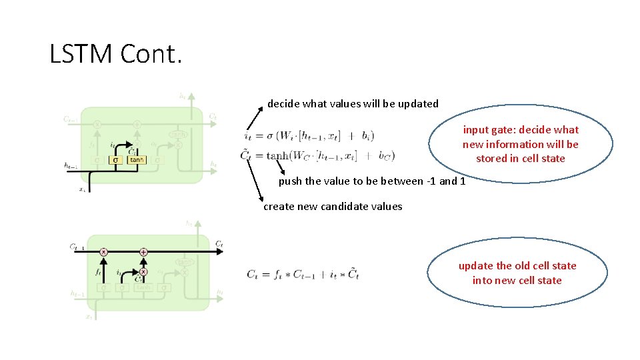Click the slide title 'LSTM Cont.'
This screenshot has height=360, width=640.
pos(115,54)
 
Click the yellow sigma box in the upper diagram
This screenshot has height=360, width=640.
pos(115,160)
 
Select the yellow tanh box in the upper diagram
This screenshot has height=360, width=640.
pos(137,160)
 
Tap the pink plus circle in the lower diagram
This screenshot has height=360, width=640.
pos(143,252)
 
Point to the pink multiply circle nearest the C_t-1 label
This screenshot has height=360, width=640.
pos(103,252)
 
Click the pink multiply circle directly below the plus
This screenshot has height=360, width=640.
pos(143,271)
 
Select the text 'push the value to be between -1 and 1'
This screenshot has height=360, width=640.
pos(372,181)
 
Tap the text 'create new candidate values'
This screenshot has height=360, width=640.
pos(333,207)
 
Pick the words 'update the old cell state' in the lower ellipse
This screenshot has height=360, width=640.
pos(517,266)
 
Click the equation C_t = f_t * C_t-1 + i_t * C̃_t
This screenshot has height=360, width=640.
pos(303,273)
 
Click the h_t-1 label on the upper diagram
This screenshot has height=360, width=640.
pos(70,165)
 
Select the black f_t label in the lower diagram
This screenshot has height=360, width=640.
pos(98,272)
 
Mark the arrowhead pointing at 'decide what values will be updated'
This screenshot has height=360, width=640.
pos(261,107)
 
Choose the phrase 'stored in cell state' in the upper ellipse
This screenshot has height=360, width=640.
pos(520,159)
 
